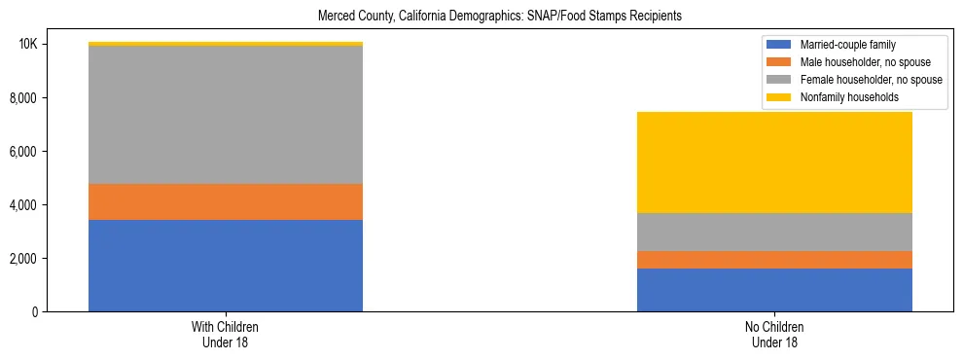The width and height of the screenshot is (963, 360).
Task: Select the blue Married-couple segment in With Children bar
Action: [226, 266]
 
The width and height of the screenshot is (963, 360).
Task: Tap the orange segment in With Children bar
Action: [226, 201]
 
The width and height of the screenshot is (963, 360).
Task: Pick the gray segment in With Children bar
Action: [226, 115]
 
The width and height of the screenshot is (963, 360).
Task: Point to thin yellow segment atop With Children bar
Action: [226, 44]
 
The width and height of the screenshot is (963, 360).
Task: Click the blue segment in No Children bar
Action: [774, 290]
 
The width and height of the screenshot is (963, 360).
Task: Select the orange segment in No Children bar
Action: [774, 260]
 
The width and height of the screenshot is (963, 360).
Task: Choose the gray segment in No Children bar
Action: [774, 232]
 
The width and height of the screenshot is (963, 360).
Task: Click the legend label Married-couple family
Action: [847, 45]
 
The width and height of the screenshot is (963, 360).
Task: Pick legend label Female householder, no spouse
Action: [870, 80]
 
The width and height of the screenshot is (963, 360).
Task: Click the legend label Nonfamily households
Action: [848, 97]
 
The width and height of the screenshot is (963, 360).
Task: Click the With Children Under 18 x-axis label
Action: [226, 335]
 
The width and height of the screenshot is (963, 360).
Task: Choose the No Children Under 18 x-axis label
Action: [774, 335]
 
